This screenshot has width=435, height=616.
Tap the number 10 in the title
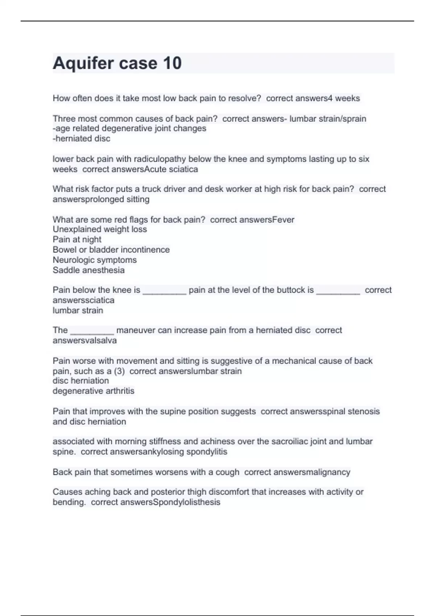tap(172, 63)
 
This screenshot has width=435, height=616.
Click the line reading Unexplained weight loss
tap(100, 229)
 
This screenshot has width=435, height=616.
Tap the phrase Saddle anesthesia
tap(88, 270)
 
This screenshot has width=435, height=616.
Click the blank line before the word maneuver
tap(92, 330)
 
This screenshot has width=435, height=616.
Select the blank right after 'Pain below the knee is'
tap(164, 290)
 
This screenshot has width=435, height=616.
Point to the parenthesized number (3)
tap(119, 371)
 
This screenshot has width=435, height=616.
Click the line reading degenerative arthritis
tap(93, 391)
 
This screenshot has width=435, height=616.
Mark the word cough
tap(227, 472)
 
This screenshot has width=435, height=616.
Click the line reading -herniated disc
tap(81, 138)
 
